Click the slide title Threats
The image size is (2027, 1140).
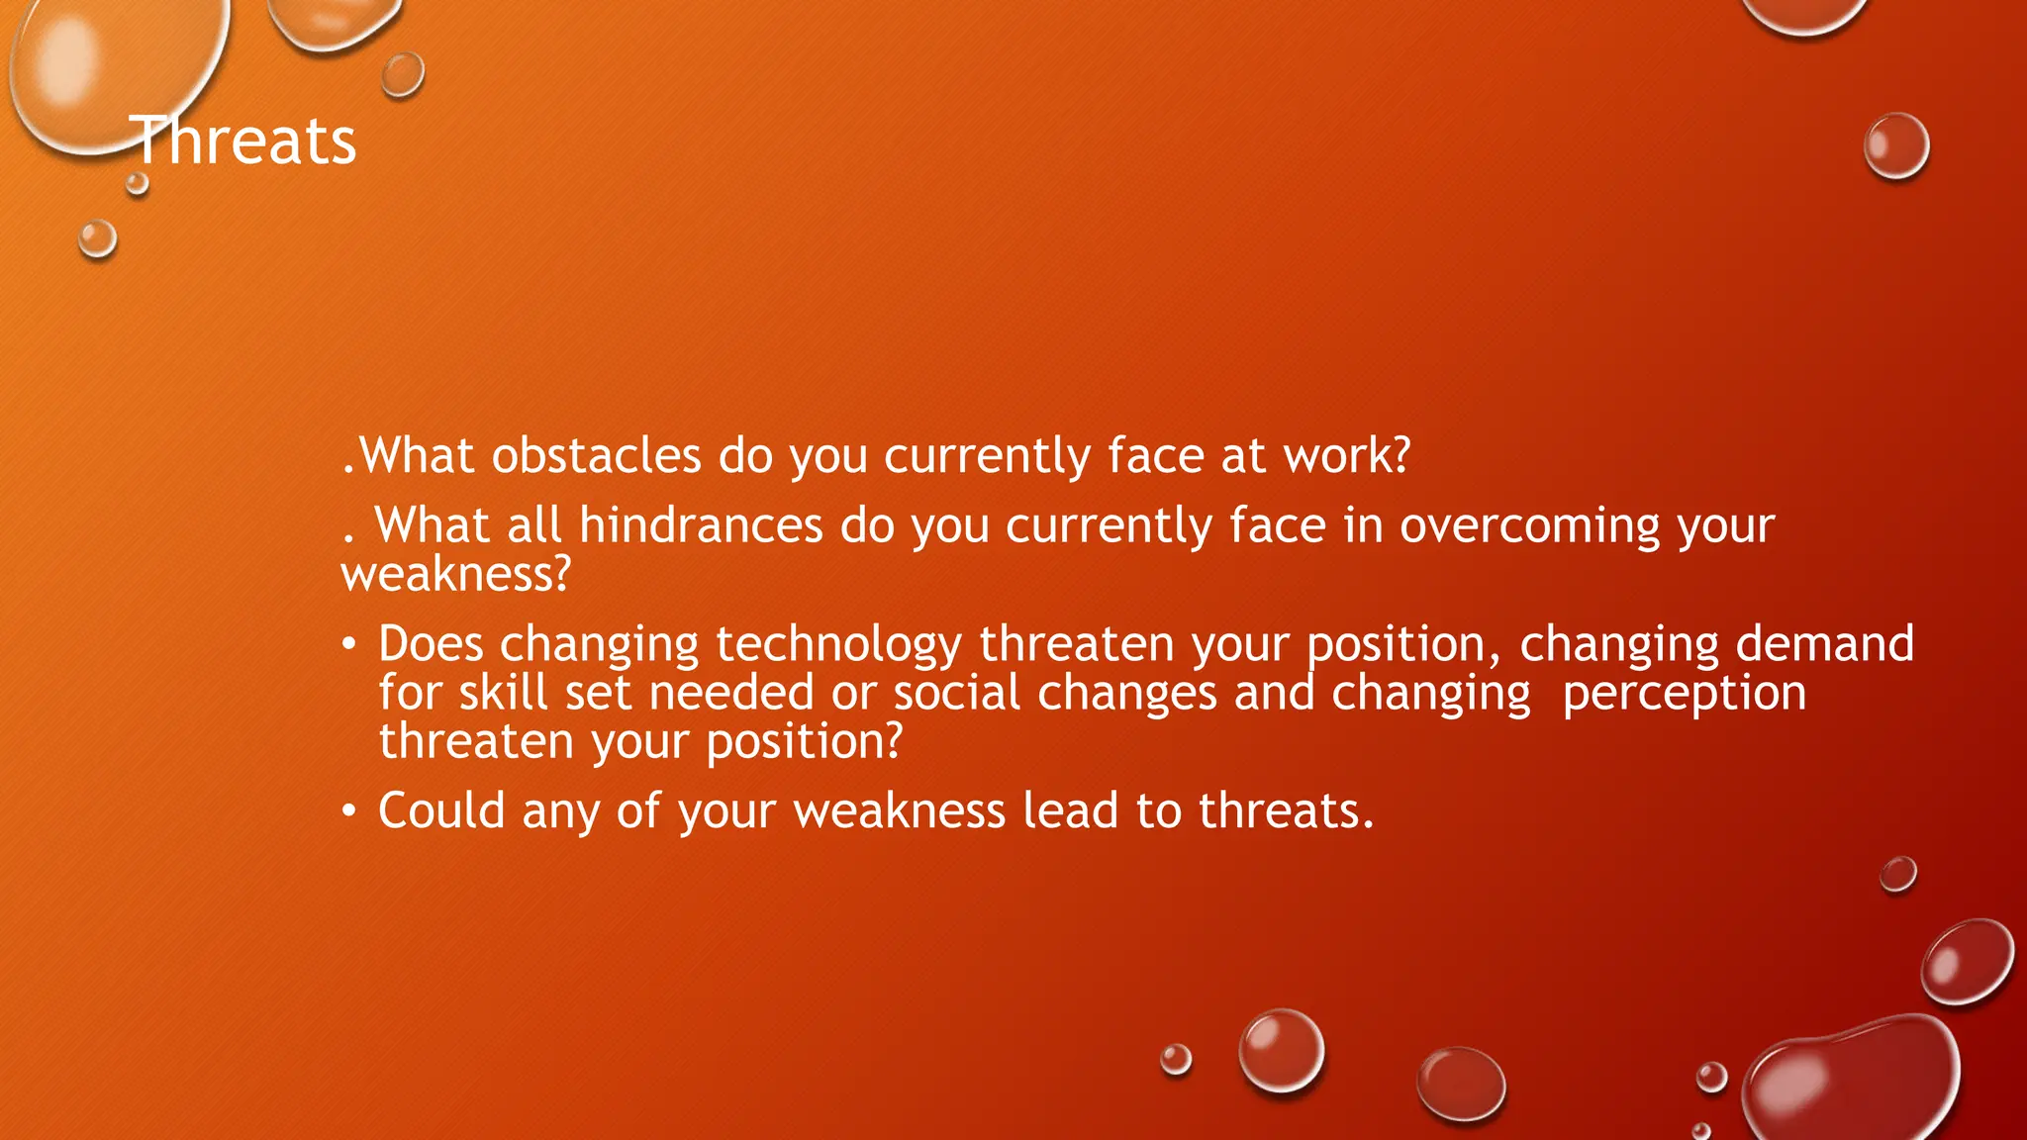[243, 141]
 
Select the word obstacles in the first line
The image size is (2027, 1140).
[597, 456]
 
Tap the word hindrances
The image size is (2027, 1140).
[701, 524]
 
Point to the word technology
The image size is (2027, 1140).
[838, 645]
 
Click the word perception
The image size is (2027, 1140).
[1684, 694]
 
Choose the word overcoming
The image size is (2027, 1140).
[1529, 525]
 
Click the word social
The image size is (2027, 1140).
[956, 693]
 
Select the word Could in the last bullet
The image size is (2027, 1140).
[441, 810]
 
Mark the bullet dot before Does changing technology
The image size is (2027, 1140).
[348, 645]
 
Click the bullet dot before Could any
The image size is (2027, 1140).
[348, 811]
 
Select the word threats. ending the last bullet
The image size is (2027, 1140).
[1286, 810]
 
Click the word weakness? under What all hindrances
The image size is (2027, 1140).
[456, 574]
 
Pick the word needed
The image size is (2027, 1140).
[731, 693]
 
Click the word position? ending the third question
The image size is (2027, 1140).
[804, 742]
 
